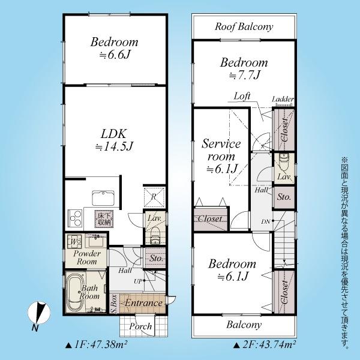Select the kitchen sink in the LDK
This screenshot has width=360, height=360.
pos(103,198)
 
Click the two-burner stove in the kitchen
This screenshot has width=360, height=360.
pos(75,217)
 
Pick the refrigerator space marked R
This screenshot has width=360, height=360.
pos(154,197)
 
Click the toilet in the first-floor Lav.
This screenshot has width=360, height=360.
pos(155,235)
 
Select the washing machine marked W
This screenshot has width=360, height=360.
pos(74,241)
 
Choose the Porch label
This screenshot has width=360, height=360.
pos(140,326)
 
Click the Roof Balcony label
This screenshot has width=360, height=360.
pos(244,26)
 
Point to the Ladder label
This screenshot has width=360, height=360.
pos(283,99)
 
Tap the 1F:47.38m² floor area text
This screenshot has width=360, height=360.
pos(96,344)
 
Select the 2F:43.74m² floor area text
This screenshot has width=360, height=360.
pos(264,344)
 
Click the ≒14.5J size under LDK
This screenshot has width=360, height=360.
pos(115,147)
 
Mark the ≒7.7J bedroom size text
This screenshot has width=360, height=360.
pos(245,75)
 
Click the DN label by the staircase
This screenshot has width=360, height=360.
pos(266,222)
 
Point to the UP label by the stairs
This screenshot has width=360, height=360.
pos(138,281)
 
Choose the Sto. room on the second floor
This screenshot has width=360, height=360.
pos(284,197)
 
